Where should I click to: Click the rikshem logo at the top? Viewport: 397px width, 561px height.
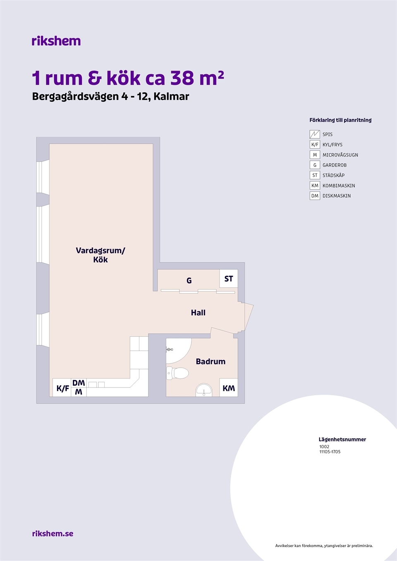coord(56,41)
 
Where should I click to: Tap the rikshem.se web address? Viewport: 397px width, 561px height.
coord(53,533)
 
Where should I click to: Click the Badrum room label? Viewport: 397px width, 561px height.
coord(210,361)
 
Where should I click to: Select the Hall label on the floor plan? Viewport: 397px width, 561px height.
coord(198,313)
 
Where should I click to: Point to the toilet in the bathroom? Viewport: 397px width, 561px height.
coord(177,373)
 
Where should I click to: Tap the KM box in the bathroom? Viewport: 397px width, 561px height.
coord(229,387)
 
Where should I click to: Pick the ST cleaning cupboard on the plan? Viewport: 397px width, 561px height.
coord(229,278)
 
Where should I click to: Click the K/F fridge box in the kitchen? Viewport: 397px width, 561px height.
coord(62,387)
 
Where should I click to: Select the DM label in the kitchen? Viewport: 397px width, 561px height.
coord(79,383)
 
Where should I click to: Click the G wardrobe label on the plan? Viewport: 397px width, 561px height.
coord(189,280)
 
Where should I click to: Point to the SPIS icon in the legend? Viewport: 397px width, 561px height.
coord(315,134)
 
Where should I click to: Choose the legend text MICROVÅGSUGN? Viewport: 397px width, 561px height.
coord(340,155)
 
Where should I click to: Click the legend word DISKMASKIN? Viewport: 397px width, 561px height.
coord(337,196)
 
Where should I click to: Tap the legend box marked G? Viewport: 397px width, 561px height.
coord(315,165)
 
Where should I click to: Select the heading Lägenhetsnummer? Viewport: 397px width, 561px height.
coord(342,439)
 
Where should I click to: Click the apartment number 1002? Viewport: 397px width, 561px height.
coord(324,447)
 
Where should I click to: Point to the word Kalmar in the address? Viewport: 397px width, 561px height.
coord(171,96)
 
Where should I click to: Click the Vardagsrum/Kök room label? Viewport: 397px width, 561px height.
coord(100,255)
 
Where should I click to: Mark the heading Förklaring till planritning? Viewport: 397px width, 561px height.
coord(340,120)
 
